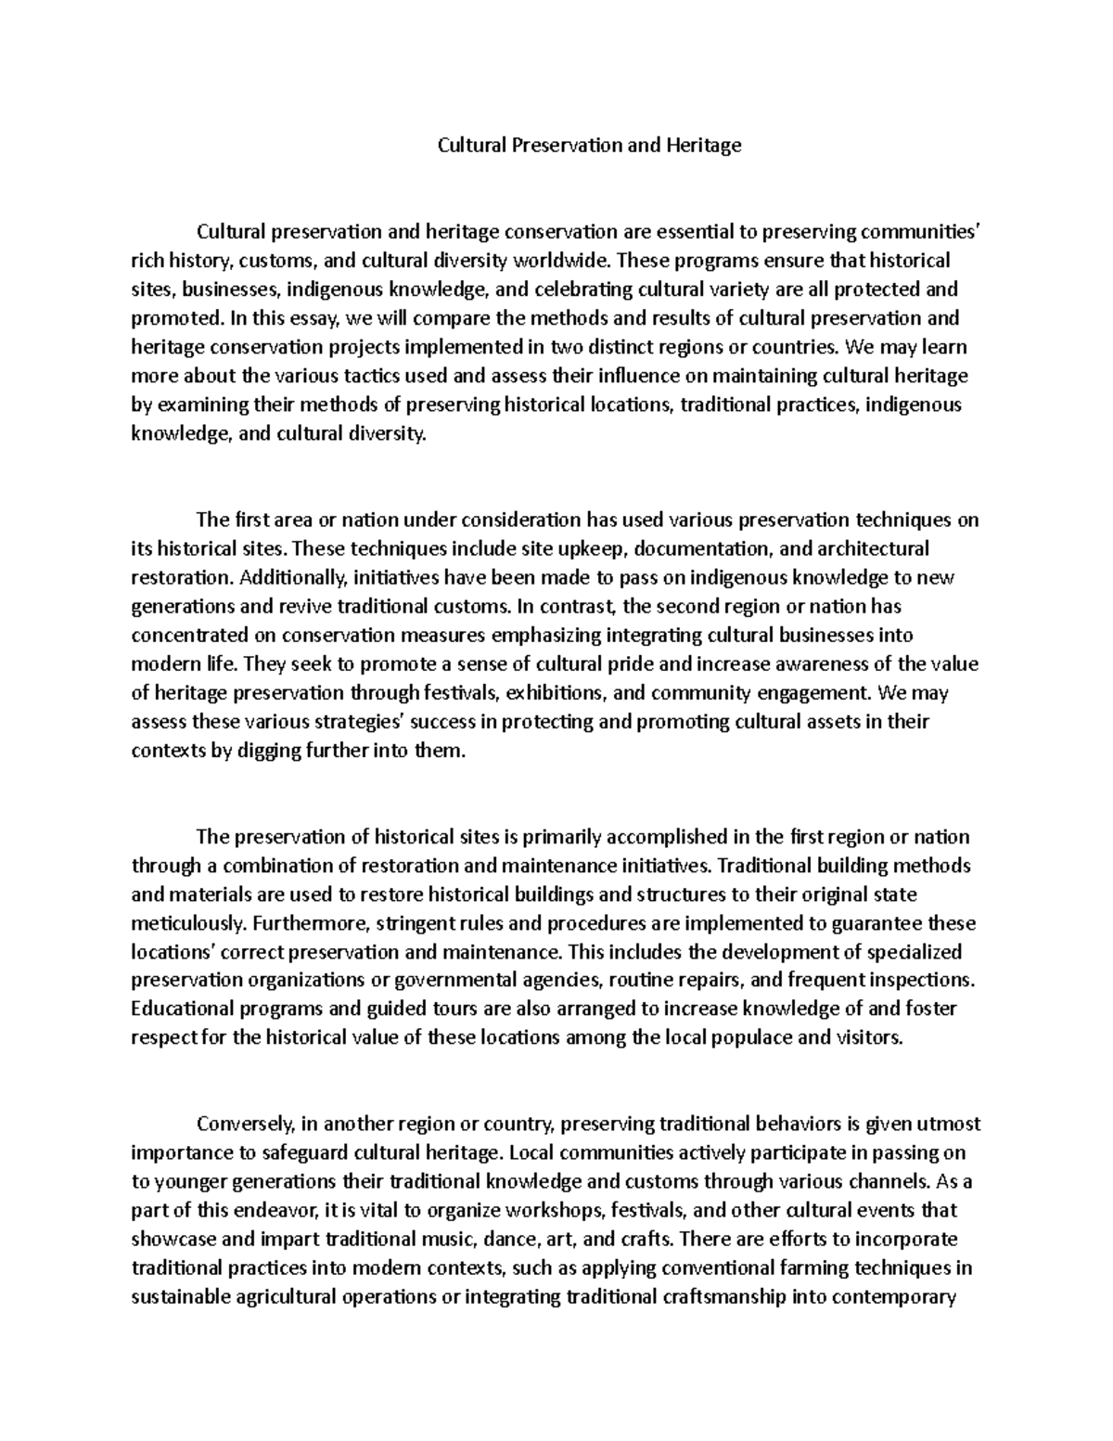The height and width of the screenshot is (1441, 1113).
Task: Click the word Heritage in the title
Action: tap(708, 145)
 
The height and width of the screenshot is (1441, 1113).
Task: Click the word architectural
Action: tap(872, 548)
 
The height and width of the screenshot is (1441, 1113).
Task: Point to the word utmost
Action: tap(949, 1125)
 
